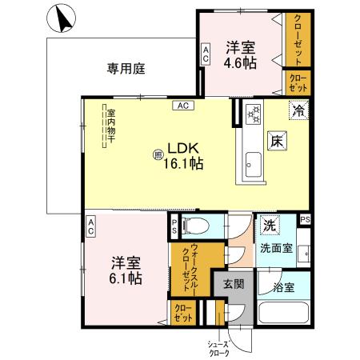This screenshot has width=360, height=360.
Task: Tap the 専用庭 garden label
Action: [x=126, y=69]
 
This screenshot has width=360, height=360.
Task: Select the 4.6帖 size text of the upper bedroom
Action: [x=240, y=62]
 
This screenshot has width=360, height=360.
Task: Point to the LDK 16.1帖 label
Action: [x=183, y=154]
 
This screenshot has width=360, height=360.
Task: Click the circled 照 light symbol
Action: [x=158, y=154]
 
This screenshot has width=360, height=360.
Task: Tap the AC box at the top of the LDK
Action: [x=182, y=106]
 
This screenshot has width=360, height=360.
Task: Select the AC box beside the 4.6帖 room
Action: [x=206, y=54]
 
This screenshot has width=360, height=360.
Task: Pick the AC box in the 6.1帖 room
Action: [x=91, y=226]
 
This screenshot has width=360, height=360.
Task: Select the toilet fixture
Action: [x=196, y=225]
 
